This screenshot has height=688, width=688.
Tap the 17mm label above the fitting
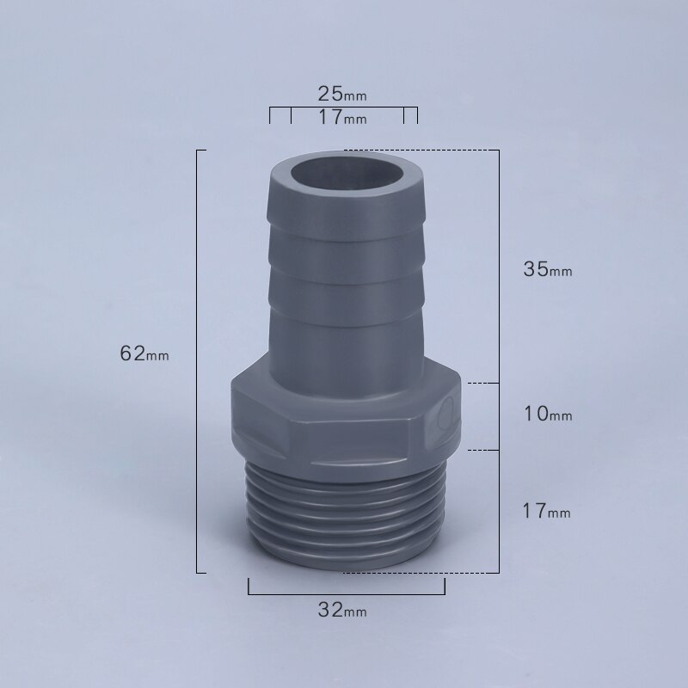click(x=342, y=117)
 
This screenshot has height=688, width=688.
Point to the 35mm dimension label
click(x=548, y=268)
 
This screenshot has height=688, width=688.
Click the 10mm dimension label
click(x=548, y=415)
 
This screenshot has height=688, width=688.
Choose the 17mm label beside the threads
click(x=548, y=512)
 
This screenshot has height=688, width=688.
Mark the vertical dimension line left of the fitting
click(x=199, y=361)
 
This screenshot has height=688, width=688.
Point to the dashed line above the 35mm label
click(x=421, y=150)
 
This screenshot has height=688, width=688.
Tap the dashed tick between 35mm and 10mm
click(x=482, y=382)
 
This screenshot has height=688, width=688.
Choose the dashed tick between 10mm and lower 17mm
click(x=482, y=449)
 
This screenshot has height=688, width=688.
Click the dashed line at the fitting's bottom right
click(x=456, y=570)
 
